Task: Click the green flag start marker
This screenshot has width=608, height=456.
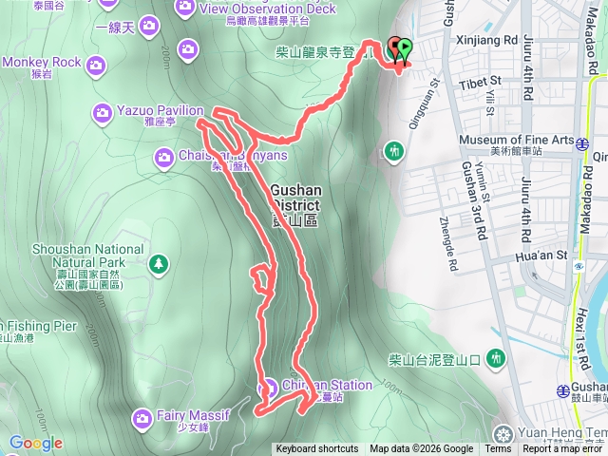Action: coord(406,47)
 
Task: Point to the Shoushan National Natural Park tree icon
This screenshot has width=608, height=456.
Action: coord(159,262)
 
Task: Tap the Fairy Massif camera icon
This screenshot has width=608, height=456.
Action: coord(142,417)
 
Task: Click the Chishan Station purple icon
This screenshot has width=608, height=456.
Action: coord(268,387)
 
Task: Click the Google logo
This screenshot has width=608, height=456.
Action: coord(35,443)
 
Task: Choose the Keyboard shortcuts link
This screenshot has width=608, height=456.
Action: coord(317,449)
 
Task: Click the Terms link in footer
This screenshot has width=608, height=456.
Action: coord(498,449)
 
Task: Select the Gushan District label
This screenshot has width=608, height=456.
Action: coord(295,204)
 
